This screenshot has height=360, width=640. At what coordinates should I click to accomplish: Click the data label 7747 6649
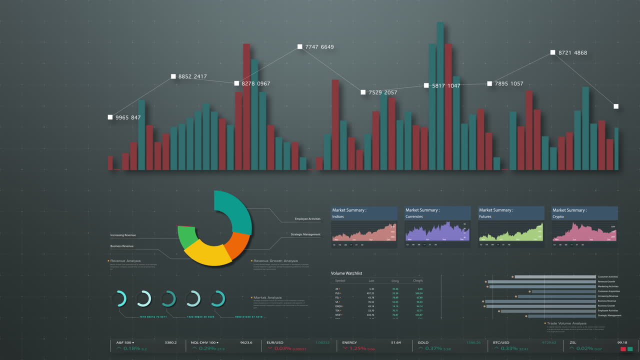coord(319,47)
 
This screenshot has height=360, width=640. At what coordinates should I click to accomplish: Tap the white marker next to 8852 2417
coord(173,76)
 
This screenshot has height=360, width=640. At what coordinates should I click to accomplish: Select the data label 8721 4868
coord(572,52)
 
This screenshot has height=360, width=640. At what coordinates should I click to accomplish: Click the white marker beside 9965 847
coord(110,117)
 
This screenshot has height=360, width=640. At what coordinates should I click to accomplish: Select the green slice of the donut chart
coord(186,237)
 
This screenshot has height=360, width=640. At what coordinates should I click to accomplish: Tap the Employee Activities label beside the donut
coord(307,219)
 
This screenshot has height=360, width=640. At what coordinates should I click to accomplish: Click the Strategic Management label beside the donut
coord(305,234)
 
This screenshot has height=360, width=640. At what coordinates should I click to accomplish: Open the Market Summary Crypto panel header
coord(584,213)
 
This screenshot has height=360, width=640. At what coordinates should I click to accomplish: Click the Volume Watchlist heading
coord(346,273)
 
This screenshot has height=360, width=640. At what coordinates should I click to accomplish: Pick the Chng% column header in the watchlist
coord(417,281)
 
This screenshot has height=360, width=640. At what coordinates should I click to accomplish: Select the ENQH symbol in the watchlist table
coord(338,306)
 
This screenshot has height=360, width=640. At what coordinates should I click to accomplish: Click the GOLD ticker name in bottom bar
coord(423,342)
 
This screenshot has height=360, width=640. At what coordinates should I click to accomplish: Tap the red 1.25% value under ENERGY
coord(357,348)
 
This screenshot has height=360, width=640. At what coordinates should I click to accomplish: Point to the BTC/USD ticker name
coord(500,342)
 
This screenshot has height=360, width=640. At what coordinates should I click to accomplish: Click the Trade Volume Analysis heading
coord(566,323)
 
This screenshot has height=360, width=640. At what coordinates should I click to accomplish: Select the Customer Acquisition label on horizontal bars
coord(608,291)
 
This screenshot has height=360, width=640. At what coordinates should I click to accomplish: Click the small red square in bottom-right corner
coord(623,349)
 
